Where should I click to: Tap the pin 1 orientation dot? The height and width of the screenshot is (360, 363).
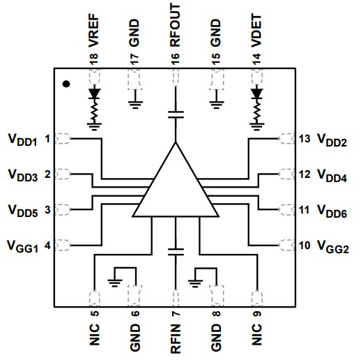coord(66,84)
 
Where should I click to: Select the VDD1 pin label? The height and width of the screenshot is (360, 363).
coord(22,138)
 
